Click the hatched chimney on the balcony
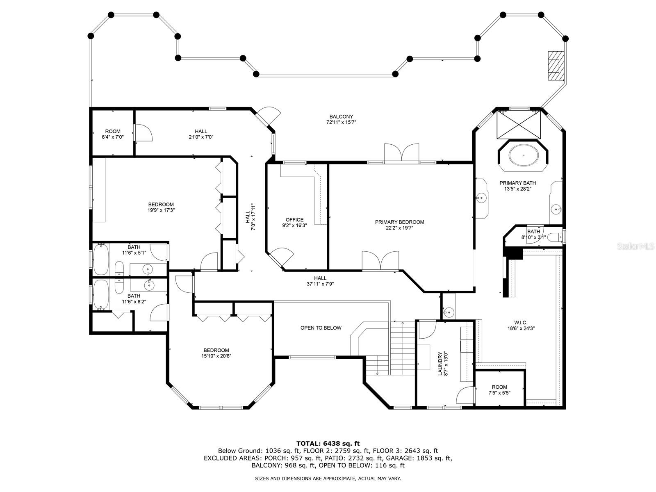(x=556, y=65)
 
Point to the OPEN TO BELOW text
(x=321, y=328)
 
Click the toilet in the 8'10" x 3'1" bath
(x=555, y=237)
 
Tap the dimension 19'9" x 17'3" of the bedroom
(x=161, y=210)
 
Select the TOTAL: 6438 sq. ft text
(x=328, y=443)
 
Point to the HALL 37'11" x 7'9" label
(x=320, y=281)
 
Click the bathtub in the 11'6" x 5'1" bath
(x=101, y=259)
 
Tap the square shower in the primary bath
(x=519, y=125)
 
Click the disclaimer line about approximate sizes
(x=328, y=478)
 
